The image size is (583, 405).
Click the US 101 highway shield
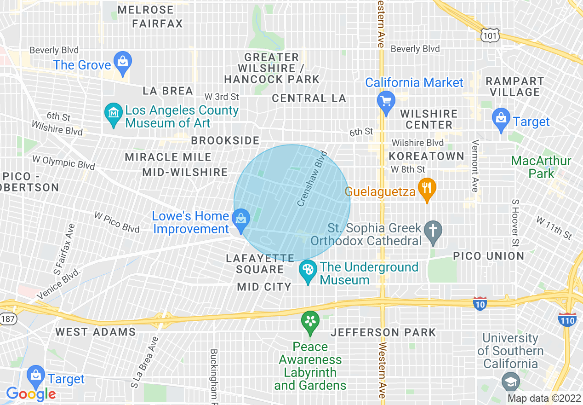(489, 34)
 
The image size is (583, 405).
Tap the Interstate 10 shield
(480, 303)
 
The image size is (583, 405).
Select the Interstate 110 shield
(567, 319)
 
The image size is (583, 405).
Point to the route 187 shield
(8, 318)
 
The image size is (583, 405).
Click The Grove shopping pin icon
(123, 63)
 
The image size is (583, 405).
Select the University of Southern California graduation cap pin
(510, 382)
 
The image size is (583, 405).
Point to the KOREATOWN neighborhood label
(427, 156)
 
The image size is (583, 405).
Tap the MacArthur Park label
(541, 167)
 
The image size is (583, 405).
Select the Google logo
(31, 394)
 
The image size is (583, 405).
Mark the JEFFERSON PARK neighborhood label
(383, 332)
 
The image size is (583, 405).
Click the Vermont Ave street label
(475, 166)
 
